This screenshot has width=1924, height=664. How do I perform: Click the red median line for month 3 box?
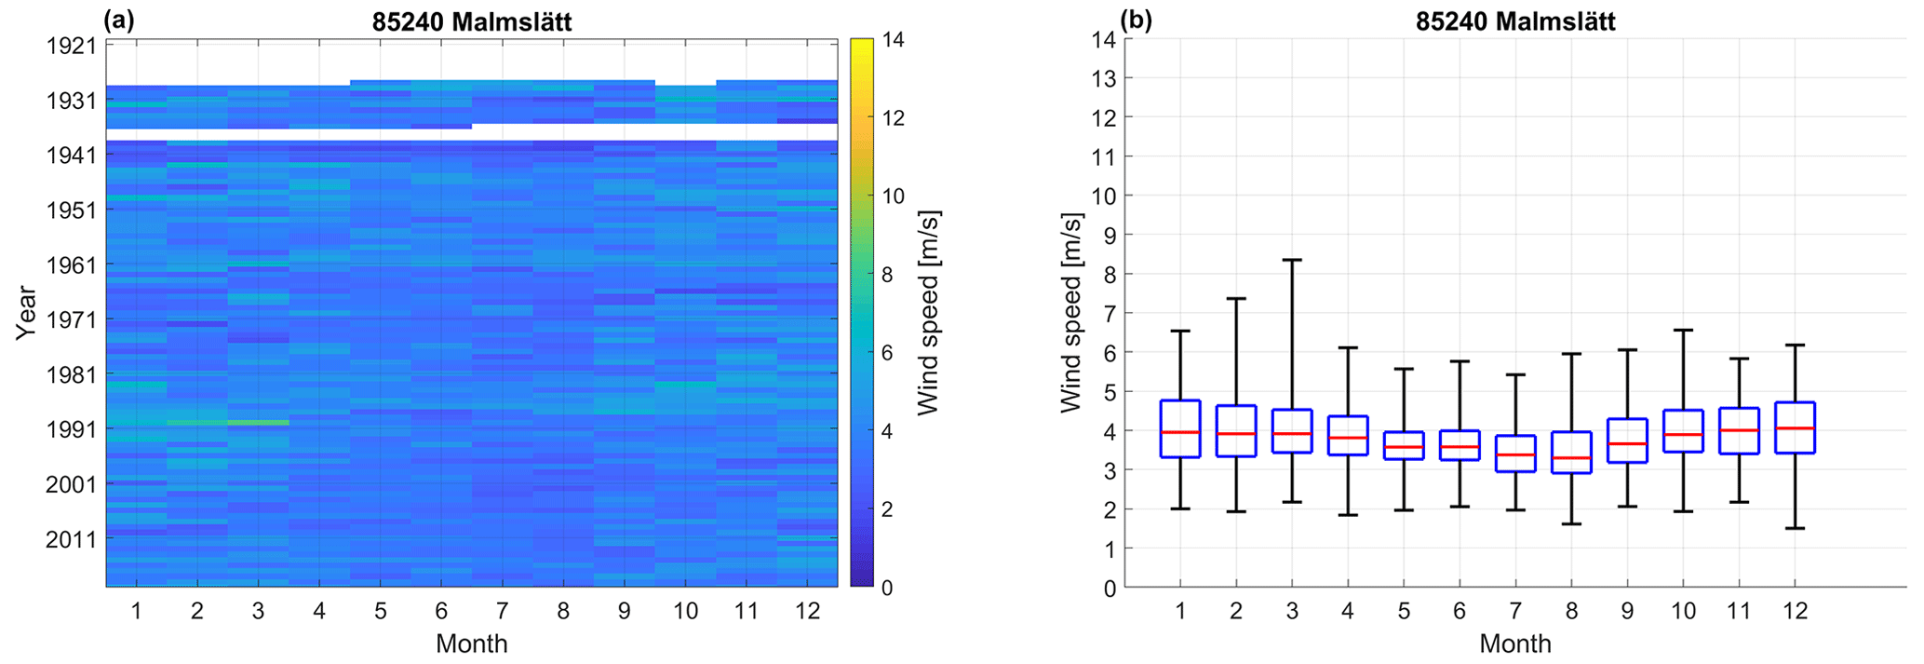pyautogui.click(x=1292, y=434)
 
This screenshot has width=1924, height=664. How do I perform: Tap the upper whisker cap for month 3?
pyautogui.click(x=1292, y=260)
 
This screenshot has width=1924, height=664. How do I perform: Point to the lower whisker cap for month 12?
pyautogui.click(x=1795, y=528)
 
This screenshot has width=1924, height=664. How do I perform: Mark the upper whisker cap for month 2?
pyautogui.click(x=1236, y=299)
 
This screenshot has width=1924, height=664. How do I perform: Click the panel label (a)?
pyautogui.click(x=119, y=20)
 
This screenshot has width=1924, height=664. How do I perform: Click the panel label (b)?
pyautogui.click(x=1137, y=20)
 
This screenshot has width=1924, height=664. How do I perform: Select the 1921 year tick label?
pyautogui.click(x=71, y=45)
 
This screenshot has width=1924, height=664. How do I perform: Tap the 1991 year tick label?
pyautogui.click(x=71, y=429)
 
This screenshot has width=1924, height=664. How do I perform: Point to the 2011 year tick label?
pyautogui.click(x=71, y=539)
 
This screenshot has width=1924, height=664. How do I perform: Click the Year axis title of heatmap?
pyautogui.click(x=26, y=313)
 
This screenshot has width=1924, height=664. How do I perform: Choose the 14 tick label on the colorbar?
pyautogui.click(x=894, y=40)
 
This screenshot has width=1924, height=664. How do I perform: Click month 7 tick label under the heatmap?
pyautogui.click(x=502, y=612)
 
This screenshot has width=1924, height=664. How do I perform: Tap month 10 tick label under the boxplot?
pyautogui.click(x=1683, y=612)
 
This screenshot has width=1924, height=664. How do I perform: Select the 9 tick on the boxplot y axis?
pyautogui.click(x=1108, y=236)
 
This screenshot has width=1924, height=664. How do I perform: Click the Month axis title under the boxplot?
pyautogui.click(x=1514, y=644)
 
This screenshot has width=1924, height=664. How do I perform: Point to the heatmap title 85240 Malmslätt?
pyautogui.click(x=472, y=21)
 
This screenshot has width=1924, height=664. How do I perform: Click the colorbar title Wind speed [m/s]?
pyautogui.click(x=928, y=313)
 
